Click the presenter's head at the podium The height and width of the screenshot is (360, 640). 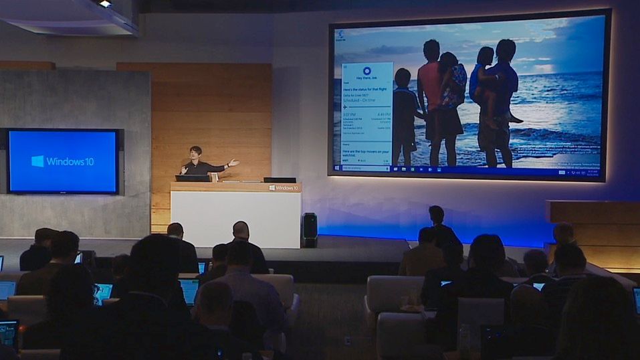pos(195,153)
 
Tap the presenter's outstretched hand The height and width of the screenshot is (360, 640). pos(233,162)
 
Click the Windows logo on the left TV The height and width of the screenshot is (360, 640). pos(37,161)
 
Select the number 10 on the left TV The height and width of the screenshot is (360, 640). pos(89,161)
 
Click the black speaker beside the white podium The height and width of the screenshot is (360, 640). pos(310,228)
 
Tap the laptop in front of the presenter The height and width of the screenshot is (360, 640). pos(193,178)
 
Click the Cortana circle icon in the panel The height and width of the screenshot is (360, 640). pos(366,70)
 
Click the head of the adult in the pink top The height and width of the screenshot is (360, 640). pos(431,50)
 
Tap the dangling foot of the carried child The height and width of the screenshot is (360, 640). pos(515,119)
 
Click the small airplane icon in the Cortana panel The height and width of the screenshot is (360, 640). pos(345,107)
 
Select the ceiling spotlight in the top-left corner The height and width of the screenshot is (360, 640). pos(105,4)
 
